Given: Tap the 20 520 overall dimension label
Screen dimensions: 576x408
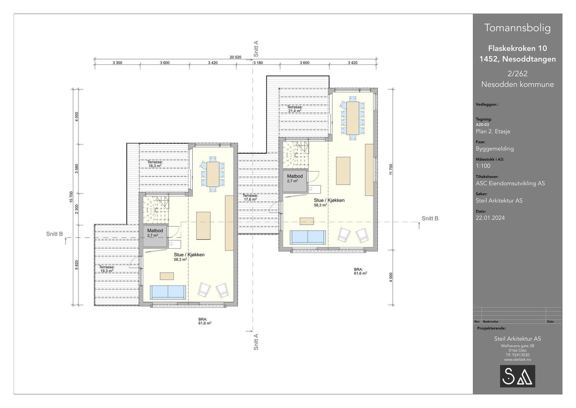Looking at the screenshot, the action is point(235,57).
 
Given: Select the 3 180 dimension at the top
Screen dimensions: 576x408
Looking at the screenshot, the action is point(258,63).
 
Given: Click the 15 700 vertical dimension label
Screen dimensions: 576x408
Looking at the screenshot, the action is point(71,197).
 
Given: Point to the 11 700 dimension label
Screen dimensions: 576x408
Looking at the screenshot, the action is point(391,169).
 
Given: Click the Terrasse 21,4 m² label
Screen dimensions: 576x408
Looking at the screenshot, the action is point(295,109).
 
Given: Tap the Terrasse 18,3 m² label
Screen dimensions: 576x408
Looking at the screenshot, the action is point(155,164).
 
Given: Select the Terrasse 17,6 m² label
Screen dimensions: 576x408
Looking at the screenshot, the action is point(250,197).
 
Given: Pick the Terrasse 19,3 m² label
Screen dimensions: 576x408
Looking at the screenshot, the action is point(107,269).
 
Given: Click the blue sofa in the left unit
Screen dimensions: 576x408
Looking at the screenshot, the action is point(168,292).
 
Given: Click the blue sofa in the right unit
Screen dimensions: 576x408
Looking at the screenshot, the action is point(308,237).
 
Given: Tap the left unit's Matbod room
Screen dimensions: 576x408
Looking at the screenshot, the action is point(155,236).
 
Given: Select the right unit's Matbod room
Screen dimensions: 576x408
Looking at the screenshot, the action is point(295,181).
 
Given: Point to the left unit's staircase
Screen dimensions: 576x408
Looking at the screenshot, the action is point(156,209).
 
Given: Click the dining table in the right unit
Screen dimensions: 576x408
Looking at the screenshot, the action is point(353,118).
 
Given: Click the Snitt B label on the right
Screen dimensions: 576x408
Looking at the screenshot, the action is point(430,218).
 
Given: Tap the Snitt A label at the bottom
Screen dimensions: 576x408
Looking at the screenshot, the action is point(256,342).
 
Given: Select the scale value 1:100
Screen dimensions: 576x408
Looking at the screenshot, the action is point(483,166).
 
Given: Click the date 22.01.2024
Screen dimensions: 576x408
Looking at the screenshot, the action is point(490,218).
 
